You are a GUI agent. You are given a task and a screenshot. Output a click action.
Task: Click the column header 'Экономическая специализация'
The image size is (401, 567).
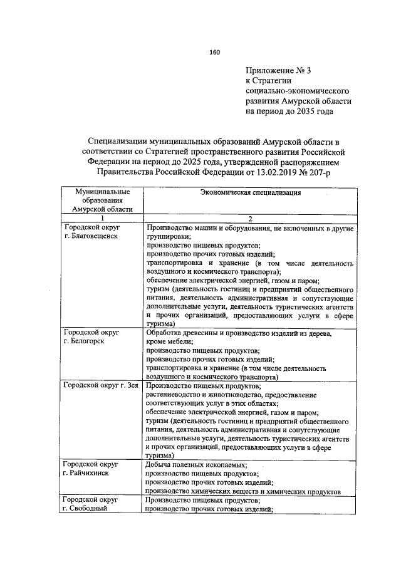click(x=250, y=193)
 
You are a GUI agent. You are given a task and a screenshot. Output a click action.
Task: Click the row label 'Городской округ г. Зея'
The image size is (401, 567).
click(x=100, y=385)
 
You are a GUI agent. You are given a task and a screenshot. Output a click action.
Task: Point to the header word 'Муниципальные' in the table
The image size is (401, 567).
click(x=101, y=190)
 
